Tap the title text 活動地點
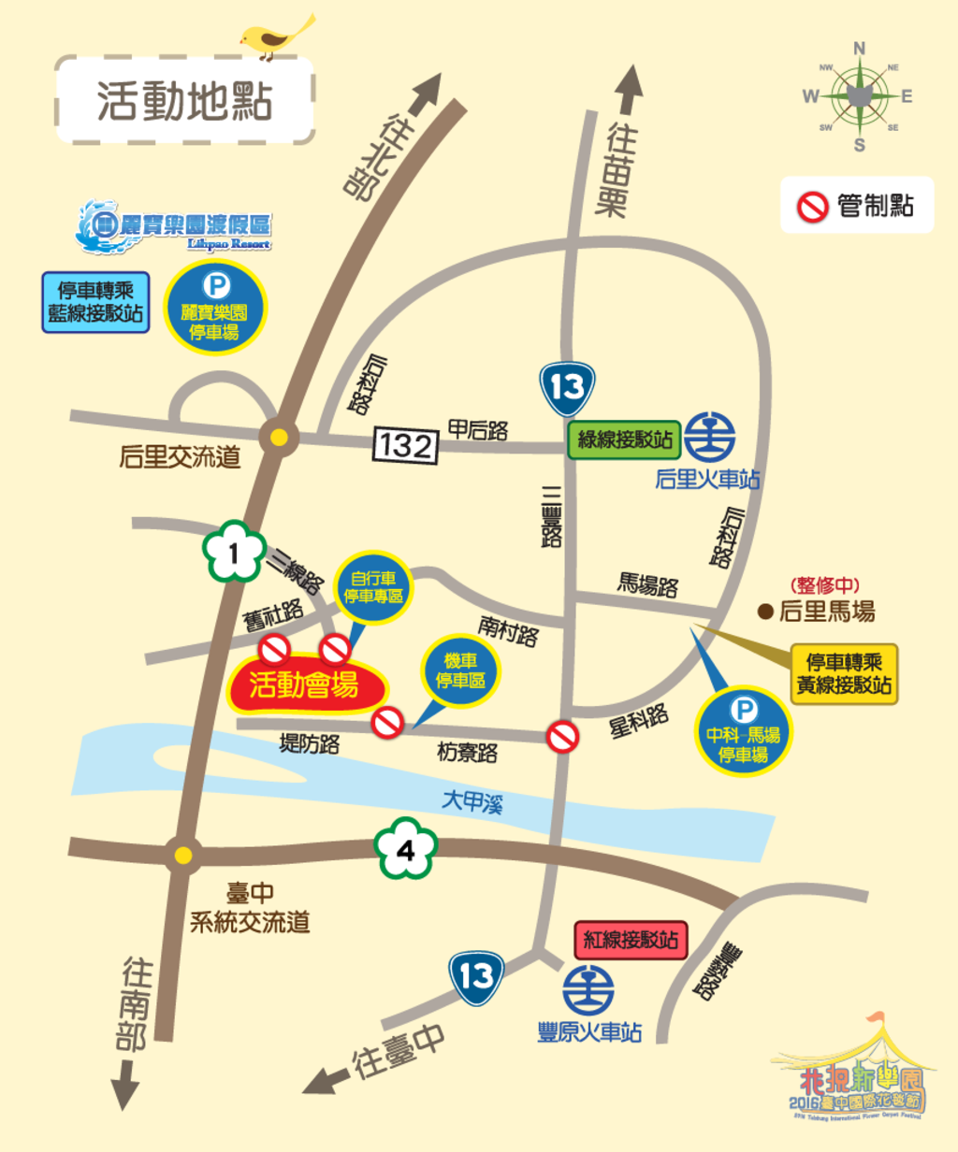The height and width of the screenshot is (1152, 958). click(x=184, y=100)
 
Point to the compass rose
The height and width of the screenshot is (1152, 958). click(x=859, y=96)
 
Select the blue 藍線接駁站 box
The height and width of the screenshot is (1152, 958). click(x=95, y=302)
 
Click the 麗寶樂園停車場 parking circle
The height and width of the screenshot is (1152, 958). click(x=215, y=308)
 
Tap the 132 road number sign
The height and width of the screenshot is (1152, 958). click(x=405, y=445)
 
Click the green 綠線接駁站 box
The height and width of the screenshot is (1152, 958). click(x=624, y=439)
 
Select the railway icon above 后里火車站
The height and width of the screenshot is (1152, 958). click(x=709, y=438)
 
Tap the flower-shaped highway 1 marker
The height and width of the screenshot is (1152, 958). click(x=234, y=553)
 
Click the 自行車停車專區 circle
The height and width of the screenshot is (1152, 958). click(x=373, y=588)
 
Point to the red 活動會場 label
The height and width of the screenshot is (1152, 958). click(x=304, y=685)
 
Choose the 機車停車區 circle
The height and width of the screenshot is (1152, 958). click(x=460, y=671)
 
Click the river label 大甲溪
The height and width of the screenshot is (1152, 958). click(x=472, y=801)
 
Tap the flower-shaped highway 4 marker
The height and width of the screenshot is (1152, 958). click(x=406, y=850)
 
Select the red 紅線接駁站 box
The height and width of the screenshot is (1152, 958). click(x=631, y=940)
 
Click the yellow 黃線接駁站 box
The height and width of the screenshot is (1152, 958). click(x=844, y=673)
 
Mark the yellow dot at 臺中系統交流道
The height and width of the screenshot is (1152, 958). click(x=183, y=855)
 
